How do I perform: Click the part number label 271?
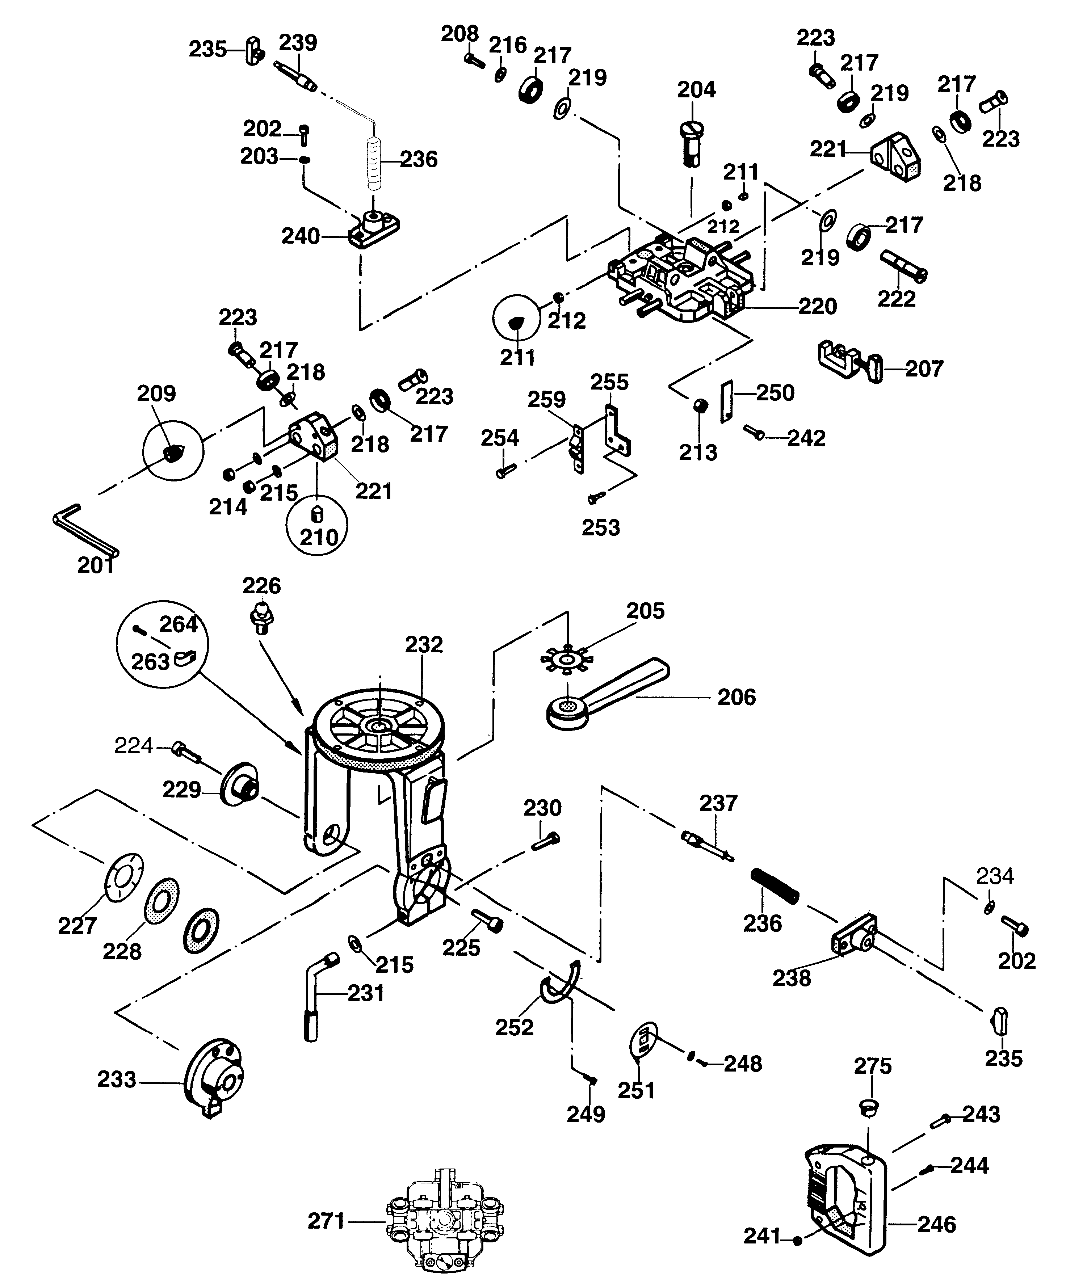pyautogui.click(x=326, y=1221)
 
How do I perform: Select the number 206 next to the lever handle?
pyautogui.click(x=736, y=697)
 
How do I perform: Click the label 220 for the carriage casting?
pyautogui.click(x=818, y=306)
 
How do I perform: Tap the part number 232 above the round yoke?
pyautogui.click(x=424, y=645)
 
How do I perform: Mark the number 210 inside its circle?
pyautogui.click(x=319, y=538)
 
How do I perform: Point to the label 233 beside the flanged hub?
pyautogui.click(x=117, y=1079)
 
